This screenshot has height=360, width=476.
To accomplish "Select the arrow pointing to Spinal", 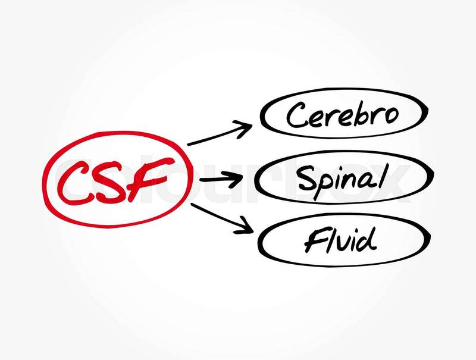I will (223, 178).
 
